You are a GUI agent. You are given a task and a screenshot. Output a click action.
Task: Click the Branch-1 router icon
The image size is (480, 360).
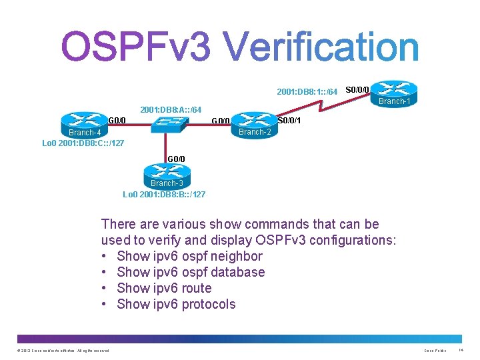click(393, 91)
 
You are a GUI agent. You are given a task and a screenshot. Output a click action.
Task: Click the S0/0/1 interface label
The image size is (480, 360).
click(289, 121)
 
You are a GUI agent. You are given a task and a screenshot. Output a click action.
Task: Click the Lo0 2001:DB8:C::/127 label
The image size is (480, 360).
click(83, 143)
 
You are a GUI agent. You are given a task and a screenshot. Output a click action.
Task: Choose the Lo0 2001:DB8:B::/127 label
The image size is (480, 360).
click(164, 194)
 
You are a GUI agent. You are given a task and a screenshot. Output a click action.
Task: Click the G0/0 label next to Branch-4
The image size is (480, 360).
click(117, 121)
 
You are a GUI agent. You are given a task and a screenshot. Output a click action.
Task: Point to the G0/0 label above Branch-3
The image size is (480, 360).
click(177, 159)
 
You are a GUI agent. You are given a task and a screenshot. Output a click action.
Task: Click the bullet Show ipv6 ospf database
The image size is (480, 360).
click(191, 272)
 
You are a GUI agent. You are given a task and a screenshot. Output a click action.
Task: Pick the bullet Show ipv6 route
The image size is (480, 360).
click(164, 288)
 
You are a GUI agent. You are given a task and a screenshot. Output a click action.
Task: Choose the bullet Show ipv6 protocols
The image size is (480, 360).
click(176, 304)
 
